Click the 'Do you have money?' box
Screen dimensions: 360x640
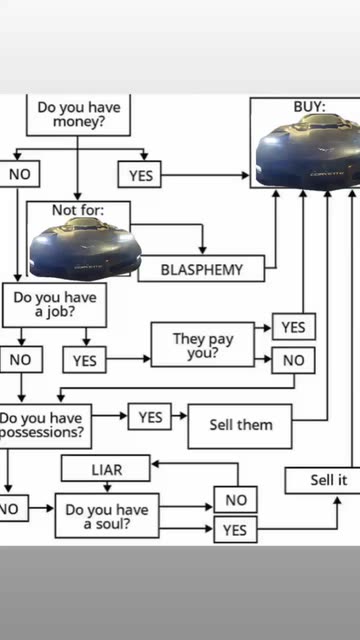(78, 115)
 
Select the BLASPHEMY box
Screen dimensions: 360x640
(201, 269)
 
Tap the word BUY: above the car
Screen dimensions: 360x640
(309, 107)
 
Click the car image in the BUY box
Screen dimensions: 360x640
(309, 152)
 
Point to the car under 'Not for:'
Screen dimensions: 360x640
(85, 249)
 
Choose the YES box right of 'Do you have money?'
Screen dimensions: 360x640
(140, 175)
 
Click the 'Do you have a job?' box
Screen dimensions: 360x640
(54, 305)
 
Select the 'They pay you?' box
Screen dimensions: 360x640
(203, 344)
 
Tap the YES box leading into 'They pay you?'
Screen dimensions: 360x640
(84, 360)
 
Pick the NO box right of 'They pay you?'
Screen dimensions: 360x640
(293, 360)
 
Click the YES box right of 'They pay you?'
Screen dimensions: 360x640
(294, 327)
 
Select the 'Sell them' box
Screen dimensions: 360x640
(240, 426)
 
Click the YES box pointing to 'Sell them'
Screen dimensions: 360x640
(150, 417)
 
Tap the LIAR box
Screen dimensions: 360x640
(106, 469)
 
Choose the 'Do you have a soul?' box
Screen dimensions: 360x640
(107, 516)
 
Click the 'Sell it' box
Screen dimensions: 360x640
(322, 480)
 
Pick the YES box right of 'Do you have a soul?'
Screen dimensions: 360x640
(236, 529)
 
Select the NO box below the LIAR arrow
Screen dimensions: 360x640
(236, 499)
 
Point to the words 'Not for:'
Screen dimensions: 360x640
(78, 210)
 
